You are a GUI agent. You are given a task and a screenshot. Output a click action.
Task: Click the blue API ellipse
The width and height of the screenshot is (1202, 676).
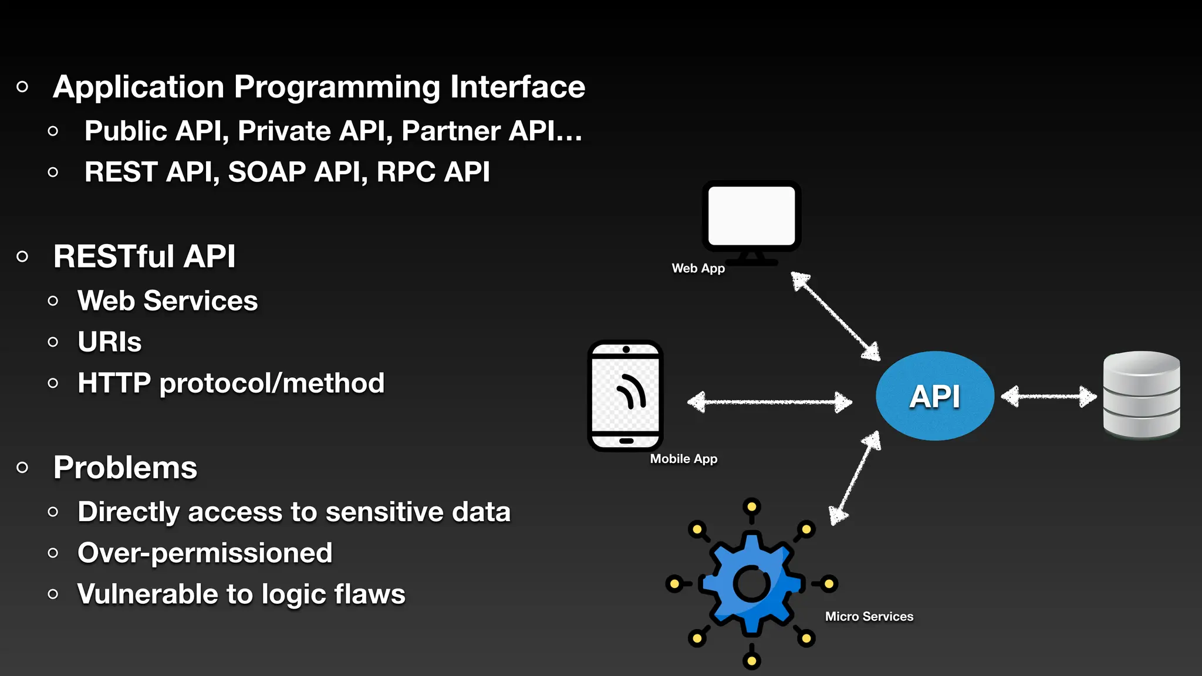point(934,396)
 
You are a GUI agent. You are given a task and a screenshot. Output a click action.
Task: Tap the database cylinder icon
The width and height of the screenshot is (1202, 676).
point(1141,395)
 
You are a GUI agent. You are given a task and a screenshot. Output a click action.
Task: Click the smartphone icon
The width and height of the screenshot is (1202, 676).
point(626,396)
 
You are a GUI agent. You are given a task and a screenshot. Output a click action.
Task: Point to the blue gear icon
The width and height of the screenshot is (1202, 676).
point(752,584)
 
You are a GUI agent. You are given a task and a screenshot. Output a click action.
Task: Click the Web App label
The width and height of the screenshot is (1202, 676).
point(698,268)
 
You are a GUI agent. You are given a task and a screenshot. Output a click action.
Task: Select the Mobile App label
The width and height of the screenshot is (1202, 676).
point(683,459)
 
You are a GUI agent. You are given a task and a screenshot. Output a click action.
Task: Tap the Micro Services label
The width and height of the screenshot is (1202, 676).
point(869,616)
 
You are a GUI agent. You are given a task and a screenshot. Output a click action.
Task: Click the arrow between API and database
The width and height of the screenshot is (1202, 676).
point(1048,397)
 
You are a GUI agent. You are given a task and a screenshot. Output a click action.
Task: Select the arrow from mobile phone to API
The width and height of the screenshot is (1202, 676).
point(769,402)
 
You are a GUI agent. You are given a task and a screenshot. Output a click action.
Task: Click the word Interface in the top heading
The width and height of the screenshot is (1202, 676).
point(517,87)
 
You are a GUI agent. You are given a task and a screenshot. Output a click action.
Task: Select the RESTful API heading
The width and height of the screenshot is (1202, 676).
point(144,256)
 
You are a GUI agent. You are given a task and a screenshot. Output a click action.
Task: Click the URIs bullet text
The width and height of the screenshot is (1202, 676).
point(110,342)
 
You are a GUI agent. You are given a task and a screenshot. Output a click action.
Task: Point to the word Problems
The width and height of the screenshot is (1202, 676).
point(125,468)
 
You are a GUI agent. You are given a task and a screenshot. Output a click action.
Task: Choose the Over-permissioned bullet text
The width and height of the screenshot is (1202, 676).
point(205,553)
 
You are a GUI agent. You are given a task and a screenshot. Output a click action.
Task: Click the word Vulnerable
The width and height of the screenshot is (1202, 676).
point(147,594)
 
